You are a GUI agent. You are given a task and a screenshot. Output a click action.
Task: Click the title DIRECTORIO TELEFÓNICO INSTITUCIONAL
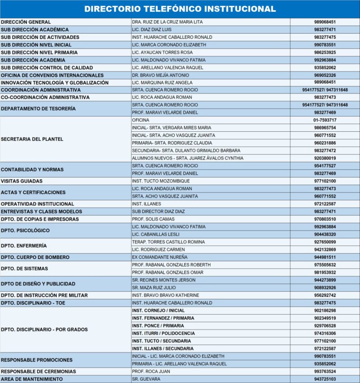point(180,9)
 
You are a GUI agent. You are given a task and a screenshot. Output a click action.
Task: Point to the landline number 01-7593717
point(325,120)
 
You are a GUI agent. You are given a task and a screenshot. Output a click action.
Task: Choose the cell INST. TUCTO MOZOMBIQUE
point(161,181)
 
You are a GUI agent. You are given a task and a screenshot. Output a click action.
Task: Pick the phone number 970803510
point(325,219)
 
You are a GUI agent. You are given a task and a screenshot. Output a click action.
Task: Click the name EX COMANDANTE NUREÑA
point(160,257)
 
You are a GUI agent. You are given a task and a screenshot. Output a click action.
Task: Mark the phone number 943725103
point(325,379)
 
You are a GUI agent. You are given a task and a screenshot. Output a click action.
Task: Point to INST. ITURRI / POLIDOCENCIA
point(163,333)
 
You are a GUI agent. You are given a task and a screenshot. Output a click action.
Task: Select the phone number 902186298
point(325,310)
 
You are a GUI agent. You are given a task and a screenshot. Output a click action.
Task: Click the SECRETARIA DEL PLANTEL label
point(32,139)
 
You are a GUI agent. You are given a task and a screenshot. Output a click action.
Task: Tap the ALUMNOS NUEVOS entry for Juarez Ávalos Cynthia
point(187,158)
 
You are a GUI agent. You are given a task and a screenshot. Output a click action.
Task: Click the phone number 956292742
point(325,295)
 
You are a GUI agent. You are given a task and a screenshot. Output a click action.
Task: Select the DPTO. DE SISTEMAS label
point(24,268)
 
